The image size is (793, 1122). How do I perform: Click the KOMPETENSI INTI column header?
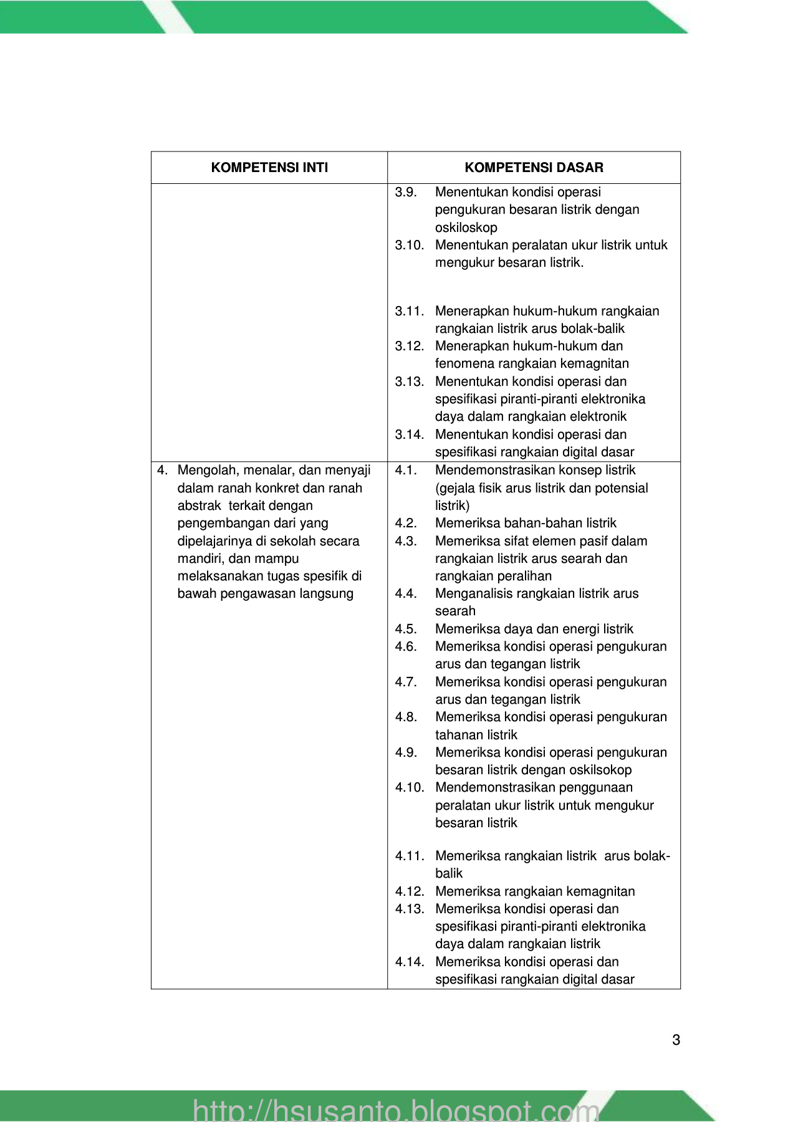click(x=269, y=168)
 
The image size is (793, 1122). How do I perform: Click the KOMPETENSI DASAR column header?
click(x=534, y=168)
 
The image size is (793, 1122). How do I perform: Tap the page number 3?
click(x=676, y=1040)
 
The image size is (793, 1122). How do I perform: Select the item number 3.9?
click(x=406, y=192)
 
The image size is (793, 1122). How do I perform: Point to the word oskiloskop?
click(x=466, y=228)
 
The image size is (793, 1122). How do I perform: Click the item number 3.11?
click(x=409, y=311)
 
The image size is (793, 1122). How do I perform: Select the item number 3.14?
click(x=409, y=434)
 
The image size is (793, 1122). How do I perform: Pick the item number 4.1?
click(x=406, y=470)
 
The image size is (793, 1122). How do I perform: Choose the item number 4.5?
click(x=406, y=629)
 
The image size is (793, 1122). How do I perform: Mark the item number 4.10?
click(x=409, y=787)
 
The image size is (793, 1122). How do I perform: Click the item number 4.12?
click(x=409, y=891)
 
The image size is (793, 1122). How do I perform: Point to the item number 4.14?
click(x=409, y=962)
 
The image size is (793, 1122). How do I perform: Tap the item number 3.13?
click(x=409, y=381)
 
